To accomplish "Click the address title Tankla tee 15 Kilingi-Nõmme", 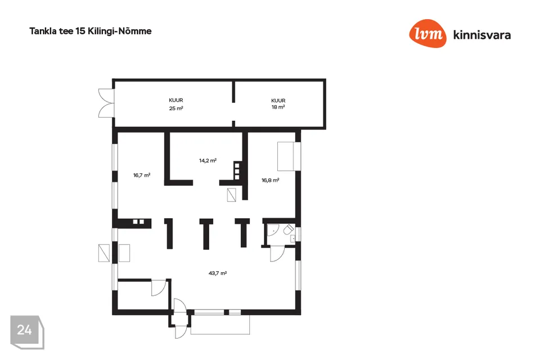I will (90, 31).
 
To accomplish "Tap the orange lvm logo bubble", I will (427, 34).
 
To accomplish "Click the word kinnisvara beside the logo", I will (481, 35).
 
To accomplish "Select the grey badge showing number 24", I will (25, 331).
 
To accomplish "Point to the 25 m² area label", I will (176, 108).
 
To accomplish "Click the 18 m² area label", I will (278, 107).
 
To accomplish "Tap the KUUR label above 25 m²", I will (176, 100).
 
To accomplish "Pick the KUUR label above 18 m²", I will (278, 100).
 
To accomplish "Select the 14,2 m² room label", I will (208, 160).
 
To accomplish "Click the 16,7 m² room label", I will (142, 175).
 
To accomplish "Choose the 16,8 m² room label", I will (270, 181).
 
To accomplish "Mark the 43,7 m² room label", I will (217, 273).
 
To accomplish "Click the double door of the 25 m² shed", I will (105, 103).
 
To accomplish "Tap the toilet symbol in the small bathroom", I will (287, 229).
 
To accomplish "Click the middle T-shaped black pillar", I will (206, 232).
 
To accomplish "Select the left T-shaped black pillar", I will (169, 232).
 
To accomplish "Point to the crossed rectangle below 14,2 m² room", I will (232, 195).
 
